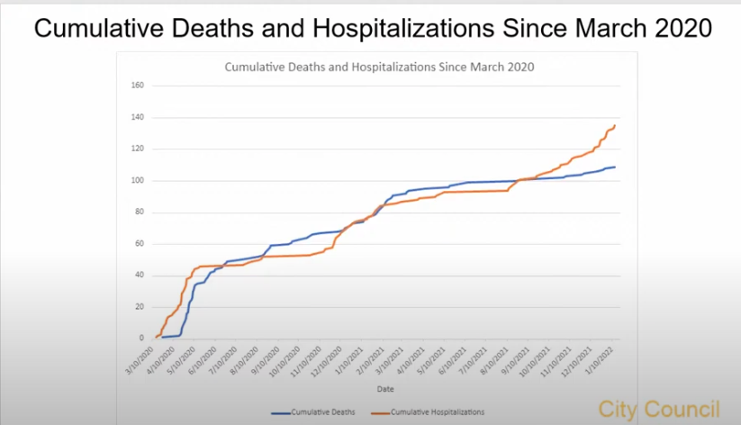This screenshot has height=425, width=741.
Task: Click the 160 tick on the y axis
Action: click(x=138, y=86)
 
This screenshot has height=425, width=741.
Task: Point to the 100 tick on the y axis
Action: click(x=138, y=180)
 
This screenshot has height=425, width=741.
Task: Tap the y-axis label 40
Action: click(x=140, y=276)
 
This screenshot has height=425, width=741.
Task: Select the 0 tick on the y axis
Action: click(x=141, y=339)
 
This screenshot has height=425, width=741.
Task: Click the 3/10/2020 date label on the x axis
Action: click(x=144, y=360)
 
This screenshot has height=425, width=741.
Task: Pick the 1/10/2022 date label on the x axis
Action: click(x=604, y=360)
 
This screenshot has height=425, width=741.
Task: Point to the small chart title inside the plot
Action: click(x=378, y=67)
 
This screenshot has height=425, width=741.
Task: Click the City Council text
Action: click(x=658, y=407)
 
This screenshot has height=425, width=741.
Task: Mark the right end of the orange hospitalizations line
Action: click(x=615, y=125)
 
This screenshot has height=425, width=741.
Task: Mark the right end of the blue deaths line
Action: click(x=615, y=167)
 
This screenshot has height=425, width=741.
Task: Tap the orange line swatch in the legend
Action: click(x=393, y=412)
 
